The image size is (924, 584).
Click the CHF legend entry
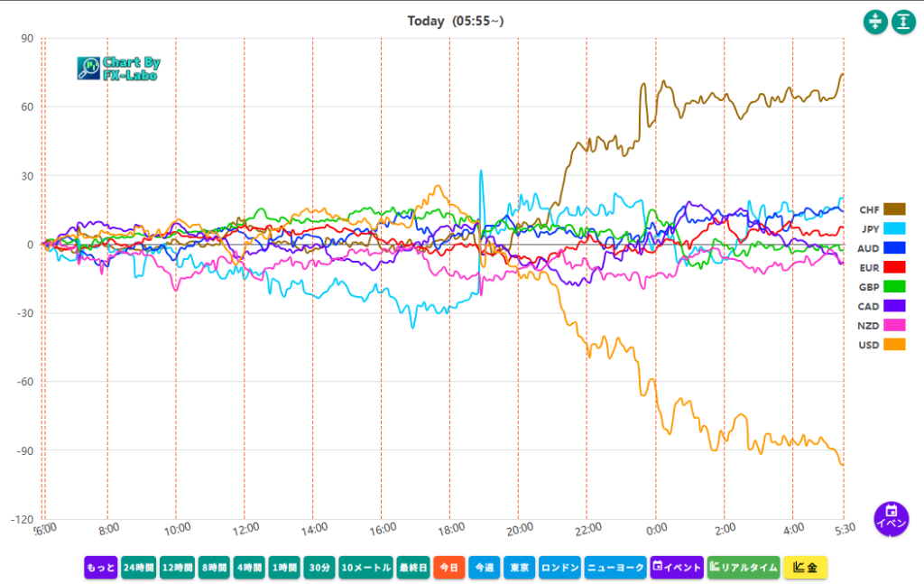[882, 209]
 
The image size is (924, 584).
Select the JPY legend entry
[882, 228]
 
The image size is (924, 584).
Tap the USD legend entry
[882, 344]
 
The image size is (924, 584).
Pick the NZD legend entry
[882, 325]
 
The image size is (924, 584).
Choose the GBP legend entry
[882, 286]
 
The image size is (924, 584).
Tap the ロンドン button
[559, 568]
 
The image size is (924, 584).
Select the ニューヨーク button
[615, 568]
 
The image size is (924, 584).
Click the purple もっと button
[101, 568]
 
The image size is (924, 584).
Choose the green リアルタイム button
[743, 568]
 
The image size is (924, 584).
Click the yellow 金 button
[805, 568]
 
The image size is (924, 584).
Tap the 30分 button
[319, 568]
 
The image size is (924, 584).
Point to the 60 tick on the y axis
[27, 107]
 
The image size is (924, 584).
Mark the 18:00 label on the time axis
[451, 528]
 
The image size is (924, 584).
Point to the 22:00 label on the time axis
[588, 528]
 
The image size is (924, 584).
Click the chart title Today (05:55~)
[455, 21]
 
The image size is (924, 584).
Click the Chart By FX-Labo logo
[118, 69]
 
